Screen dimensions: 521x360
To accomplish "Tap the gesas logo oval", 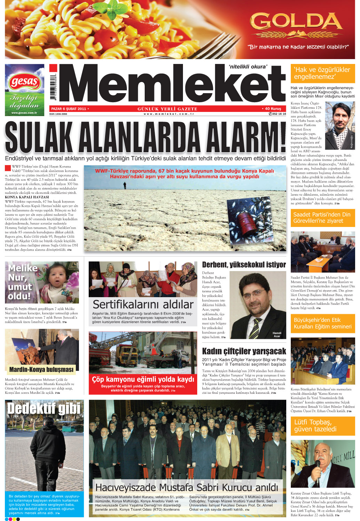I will point(24,82).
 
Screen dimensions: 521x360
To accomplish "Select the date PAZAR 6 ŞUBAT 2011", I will point(69,109).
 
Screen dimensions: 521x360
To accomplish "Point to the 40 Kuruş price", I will point(273,109).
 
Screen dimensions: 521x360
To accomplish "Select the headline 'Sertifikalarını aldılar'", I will point(143,304).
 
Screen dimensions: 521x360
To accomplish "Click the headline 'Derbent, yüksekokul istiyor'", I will point(244,265).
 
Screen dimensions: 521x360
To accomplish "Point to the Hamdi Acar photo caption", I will point(277,334).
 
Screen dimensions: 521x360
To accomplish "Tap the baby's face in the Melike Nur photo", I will point(59,278).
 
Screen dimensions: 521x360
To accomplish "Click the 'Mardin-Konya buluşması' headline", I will point(41,369).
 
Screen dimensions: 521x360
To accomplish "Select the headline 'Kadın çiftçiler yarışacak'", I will point(244,351).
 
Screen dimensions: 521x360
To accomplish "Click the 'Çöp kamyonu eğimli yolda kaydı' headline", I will point(143,379).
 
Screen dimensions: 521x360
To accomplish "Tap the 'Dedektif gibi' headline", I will point(44,409).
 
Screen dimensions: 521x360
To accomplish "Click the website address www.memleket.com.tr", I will point(168,114).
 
